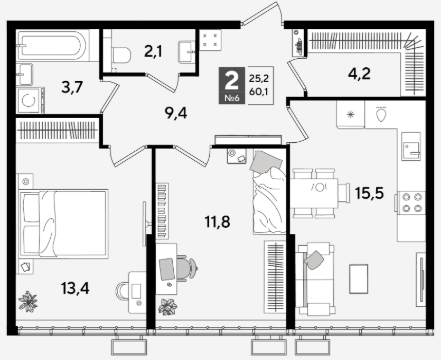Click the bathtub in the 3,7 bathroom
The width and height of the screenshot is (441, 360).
[x=53, y=45]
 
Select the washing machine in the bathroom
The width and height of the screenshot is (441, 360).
[x=30, y=100]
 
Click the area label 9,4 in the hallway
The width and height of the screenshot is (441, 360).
[x=176, y=113]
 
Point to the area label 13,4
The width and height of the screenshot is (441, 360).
[x=75, y=288]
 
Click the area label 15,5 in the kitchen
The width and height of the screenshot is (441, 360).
[x=369, y=193]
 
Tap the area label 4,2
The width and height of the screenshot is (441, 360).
[x=359, y=74]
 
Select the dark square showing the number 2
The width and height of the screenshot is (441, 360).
[x=232, y=85]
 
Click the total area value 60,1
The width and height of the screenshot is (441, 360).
[x=259, y=92]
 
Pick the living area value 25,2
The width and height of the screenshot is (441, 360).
[x=259, y=79]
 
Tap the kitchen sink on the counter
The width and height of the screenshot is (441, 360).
[x=411, y=146]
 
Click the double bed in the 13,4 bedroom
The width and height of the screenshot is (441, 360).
[x=64, y=224]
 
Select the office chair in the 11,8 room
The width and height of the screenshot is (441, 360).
[x=188, y=268]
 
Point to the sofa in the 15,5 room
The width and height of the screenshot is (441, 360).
[x=315, y=279]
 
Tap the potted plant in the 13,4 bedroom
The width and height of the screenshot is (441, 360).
[x=28, y=301]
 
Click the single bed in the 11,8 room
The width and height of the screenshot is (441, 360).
[x=269, y=192]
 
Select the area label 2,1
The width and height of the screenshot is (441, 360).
[x=153, y=51]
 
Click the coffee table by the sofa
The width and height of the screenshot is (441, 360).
[x=358, y=279]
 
